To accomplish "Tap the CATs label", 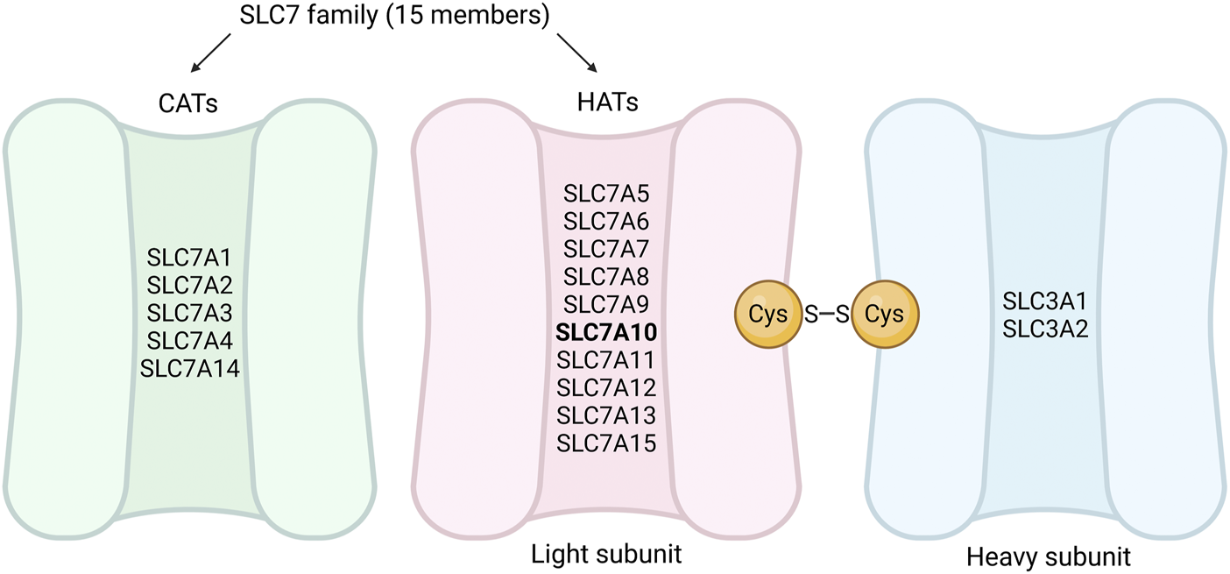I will (x=189, y=103).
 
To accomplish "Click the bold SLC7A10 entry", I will (x=606, y=332).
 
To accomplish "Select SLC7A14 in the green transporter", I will (x=190, y=368).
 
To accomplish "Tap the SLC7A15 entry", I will (x=606, y=442).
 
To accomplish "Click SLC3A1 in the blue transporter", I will (x=1044, y=301).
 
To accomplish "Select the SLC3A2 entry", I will (x=1044, y=328).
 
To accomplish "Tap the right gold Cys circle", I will (x=884, y=314).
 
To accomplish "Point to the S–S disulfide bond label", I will (x=826, y=314).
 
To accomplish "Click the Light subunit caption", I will (x=606, y=554).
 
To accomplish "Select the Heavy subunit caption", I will (x=1048, y=556).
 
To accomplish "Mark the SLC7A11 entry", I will (x=606, y=359).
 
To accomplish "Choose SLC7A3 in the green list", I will (x=190, y=313).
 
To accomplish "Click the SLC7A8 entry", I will (x=606, y=277).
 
